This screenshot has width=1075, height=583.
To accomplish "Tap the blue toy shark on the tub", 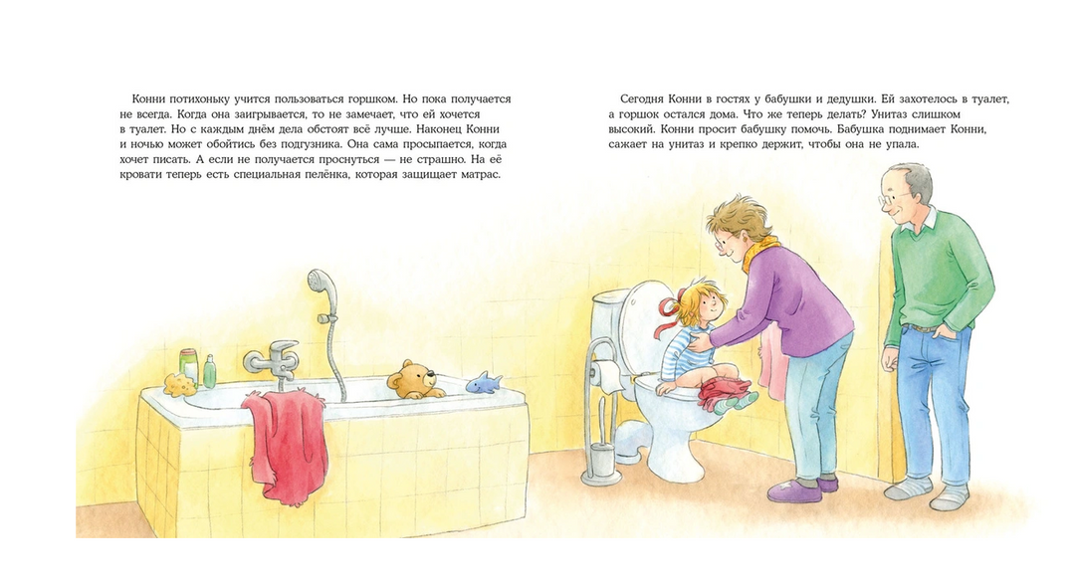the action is pyautogui.click(x=484, y=382).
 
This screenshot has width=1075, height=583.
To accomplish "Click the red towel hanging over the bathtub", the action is pyautogui.click(x=285, y=444).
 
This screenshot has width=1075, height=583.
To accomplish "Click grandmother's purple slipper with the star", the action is pyautogui.click(x=794, y=491).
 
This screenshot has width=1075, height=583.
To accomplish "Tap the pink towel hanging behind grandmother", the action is pyautogui.click(x=772, y=360).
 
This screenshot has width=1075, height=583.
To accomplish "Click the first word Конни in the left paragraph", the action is pyautogui.click(x=146, y=99).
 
